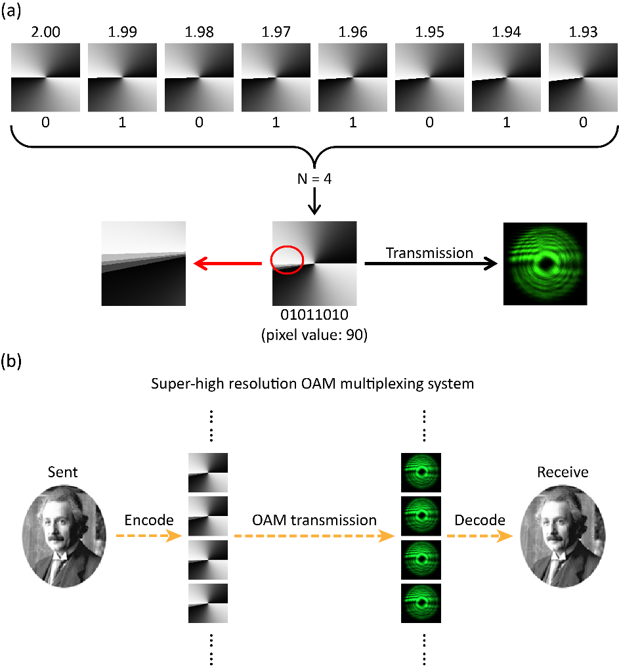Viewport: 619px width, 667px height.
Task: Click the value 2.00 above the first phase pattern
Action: coord(46,32)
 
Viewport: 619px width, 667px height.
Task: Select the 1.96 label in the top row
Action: coord(352,32)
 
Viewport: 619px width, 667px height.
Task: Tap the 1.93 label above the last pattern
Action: coord(582,32)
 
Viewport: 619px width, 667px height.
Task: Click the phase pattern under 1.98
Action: coord(199,77)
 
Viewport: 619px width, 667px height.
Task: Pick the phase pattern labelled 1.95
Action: coord(429,77)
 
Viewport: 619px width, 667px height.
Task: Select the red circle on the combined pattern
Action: coord(287,259)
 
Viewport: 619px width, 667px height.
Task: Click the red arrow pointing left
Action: coord(226,264)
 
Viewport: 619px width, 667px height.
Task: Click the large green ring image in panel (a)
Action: coord(544,263)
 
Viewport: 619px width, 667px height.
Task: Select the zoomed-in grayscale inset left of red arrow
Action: coord(143,264)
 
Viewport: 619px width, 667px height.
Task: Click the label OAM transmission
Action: coord(314,520)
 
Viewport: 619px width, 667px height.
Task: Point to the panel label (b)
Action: coord(14,362)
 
